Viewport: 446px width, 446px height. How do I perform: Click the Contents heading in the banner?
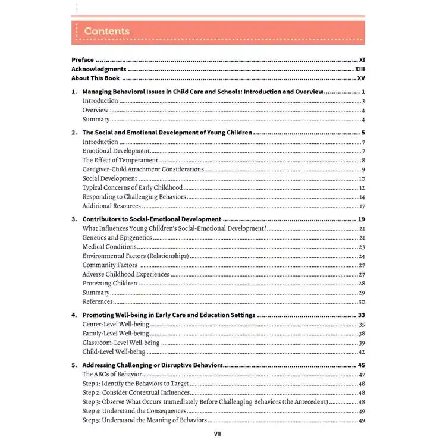[x=106, y=31]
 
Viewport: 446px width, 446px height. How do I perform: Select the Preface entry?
[x=83, y=60]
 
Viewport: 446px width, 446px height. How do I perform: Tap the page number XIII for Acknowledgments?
[x=359, y=69]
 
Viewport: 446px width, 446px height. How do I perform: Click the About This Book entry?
[x=95, y=78]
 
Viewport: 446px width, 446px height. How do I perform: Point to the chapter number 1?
[x=74, y=92]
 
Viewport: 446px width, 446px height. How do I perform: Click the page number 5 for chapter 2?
[x=362, y=133]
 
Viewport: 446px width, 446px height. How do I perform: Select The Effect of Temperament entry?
[x=120, y=160]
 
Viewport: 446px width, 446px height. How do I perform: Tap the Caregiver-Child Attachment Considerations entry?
[x=143, y=169]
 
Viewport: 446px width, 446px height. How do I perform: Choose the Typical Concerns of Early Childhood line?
[x=132, y=188]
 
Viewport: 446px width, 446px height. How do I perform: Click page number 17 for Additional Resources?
[x=362, y=206]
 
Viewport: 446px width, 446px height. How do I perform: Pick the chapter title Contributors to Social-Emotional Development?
[x=152, y=219]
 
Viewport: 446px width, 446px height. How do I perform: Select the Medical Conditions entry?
[x=109, y=247]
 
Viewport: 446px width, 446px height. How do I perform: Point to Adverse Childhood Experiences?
[x=125, y=275]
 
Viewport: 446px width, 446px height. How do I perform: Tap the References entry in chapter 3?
[x=97, y=302]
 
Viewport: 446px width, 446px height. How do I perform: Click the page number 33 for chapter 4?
[x=361, y=315]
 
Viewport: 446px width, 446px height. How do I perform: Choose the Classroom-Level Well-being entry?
[x=121, y=343]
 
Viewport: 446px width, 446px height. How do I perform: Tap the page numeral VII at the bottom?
[x=218, y=434]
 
